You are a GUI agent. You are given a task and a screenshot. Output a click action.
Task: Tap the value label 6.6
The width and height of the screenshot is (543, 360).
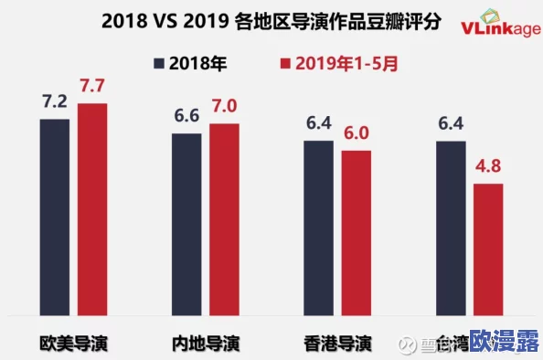pyautogui.click(x=186, y=117)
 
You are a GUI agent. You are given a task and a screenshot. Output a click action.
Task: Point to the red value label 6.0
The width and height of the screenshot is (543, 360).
pyautogui.click(x=357, y=134)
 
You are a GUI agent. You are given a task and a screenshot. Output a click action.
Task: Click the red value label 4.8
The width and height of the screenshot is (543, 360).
pyautogui.click(x=488, y=167)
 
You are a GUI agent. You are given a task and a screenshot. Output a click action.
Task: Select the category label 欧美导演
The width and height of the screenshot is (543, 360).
pyautogui.click(x=73, y=344)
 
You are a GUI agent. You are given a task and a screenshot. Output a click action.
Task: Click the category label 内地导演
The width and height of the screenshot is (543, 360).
pyautogui.click(x=206, y=344)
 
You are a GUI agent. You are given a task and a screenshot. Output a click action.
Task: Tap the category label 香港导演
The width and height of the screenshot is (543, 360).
pyautogui.click(x=337, y=344)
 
